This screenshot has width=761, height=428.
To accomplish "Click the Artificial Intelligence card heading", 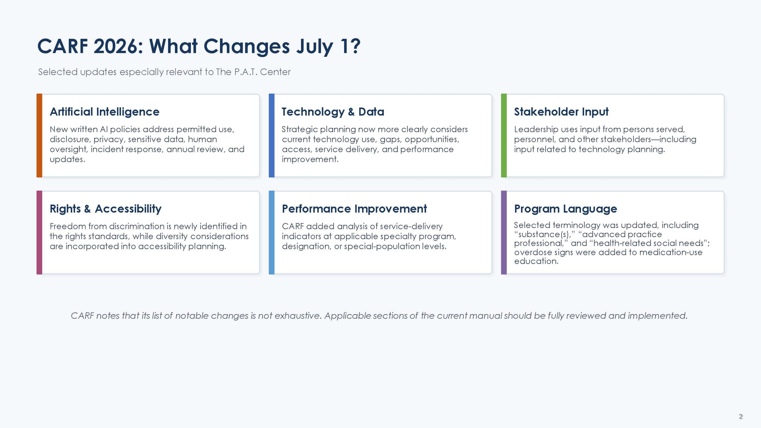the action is pos(105,112).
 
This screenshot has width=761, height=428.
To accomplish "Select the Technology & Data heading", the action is pos(333,112).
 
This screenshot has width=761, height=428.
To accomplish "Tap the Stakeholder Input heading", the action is pos(561,112).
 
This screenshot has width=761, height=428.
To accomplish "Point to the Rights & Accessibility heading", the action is pos(106,209).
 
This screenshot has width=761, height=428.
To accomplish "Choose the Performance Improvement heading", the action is pos(354,209).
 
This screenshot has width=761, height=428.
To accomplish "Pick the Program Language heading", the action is pos(565,209).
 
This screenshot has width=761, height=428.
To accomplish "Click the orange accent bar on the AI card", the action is pos(39,136).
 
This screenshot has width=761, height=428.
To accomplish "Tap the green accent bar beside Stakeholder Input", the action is pos(504,136).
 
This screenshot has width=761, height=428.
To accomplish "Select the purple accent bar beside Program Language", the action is pos(504,232).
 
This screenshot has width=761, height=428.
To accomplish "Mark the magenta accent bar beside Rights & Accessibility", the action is pos(39,232).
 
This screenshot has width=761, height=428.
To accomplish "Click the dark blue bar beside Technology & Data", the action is pos(272,136).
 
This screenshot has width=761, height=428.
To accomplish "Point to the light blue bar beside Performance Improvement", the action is pos(272,232).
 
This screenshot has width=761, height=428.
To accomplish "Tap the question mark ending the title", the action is pos(355,46).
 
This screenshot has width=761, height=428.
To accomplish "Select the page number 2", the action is pos(740,416).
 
